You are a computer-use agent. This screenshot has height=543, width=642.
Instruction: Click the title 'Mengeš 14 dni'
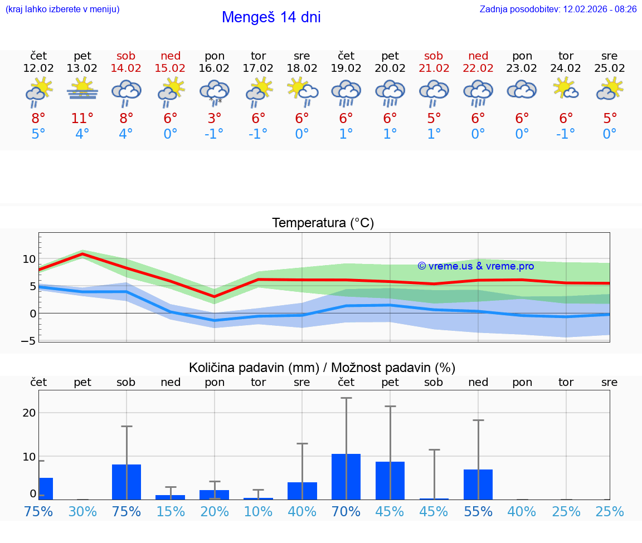(x=271, y=17)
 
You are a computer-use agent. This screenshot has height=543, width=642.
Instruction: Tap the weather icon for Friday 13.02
(x=82, y=89)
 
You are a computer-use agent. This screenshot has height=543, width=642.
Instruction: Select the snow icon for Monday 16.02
(x=215, y=92)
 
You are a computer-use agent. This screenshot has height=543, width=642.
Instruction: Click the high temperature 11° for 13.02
(x=82, y=119)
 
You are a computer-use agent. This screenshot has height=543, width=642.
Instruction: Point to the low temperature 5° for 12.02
(x=38, y=134)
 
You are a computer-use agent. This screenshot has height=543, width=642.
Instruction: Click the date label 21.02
(x=434, y=69)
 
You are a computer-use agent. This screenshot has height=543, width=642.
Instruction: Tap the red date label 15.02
(x=171, y=69)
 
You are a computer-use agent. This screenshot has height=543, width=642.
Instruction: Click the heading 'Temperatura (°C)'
(x=323, y=223)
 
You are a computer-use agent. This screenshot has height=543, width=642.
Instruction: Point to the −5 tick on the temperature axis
(x=29, y=341)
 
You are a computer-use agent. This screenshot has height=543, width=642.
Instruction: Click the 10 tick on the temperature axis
(x=29, y=260)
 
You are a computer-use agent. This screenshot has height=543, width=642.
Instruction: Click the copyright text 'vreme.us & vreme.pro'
(x=476, y=266)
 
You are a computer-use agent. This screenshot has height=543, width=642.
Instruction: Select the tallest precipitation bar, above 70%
(x=346, y=477)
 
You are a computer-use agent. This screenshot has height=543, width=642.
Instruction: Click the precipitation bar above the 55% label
(x=478, y=485)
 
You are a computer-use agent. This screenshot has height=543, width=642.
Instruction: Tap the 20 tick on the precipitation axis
(x=29, y=413)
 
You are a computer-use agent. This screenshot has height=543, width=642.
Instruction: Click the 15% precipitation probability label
(x=171, y=512)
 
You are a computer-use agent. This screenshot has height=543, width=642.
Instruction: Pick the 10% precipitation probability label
(x=258, y=512)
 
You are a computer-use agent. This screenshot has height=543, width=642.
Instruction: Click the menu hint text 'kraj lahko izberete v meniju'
(x=62, y=9)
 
